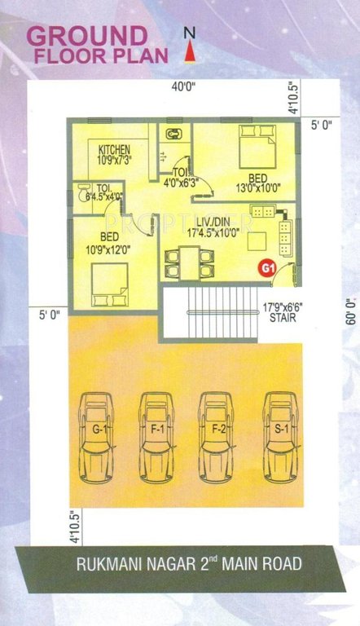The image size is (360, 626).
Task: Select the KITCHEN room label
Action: pyautogui.click(x=115, y=151)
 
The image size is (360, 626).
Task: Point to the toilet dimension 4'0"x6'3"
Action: pyautogui.click(x=182, y=183)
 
